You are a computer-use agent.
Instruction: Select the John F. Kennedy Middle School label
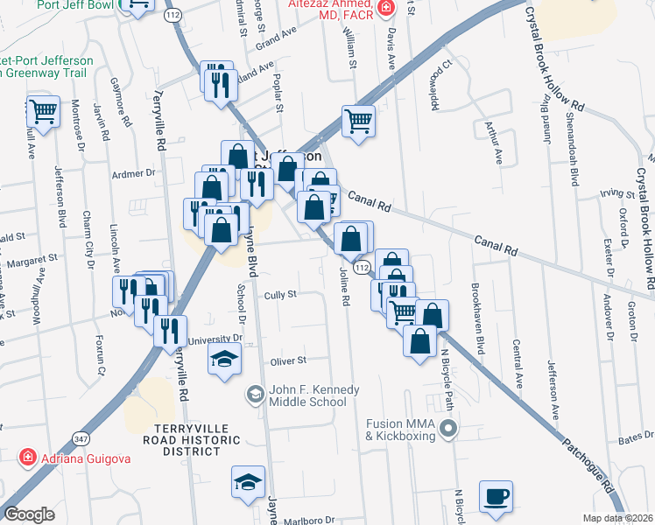(x=306, y=395)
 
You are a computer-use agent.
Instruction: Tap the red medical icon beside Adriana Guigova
(x=27, y=457)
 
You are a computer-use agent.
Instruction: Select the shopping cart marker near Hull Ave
(x=42, y=112)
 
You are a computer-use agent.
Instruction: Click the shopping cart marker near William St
(x=358, y=121)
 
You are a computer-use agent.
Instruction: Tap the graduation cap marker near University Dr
(x=224, y=359)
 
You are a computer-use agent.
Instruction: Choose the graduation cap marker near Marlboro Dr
(x=248, y=481)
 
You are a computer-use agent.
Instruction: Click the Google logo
(x=29, y=514)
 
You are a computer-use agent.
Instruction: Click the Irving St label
(x=616, y=192)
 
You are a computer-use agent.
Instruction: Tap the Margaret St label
(x=35, y=259)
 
